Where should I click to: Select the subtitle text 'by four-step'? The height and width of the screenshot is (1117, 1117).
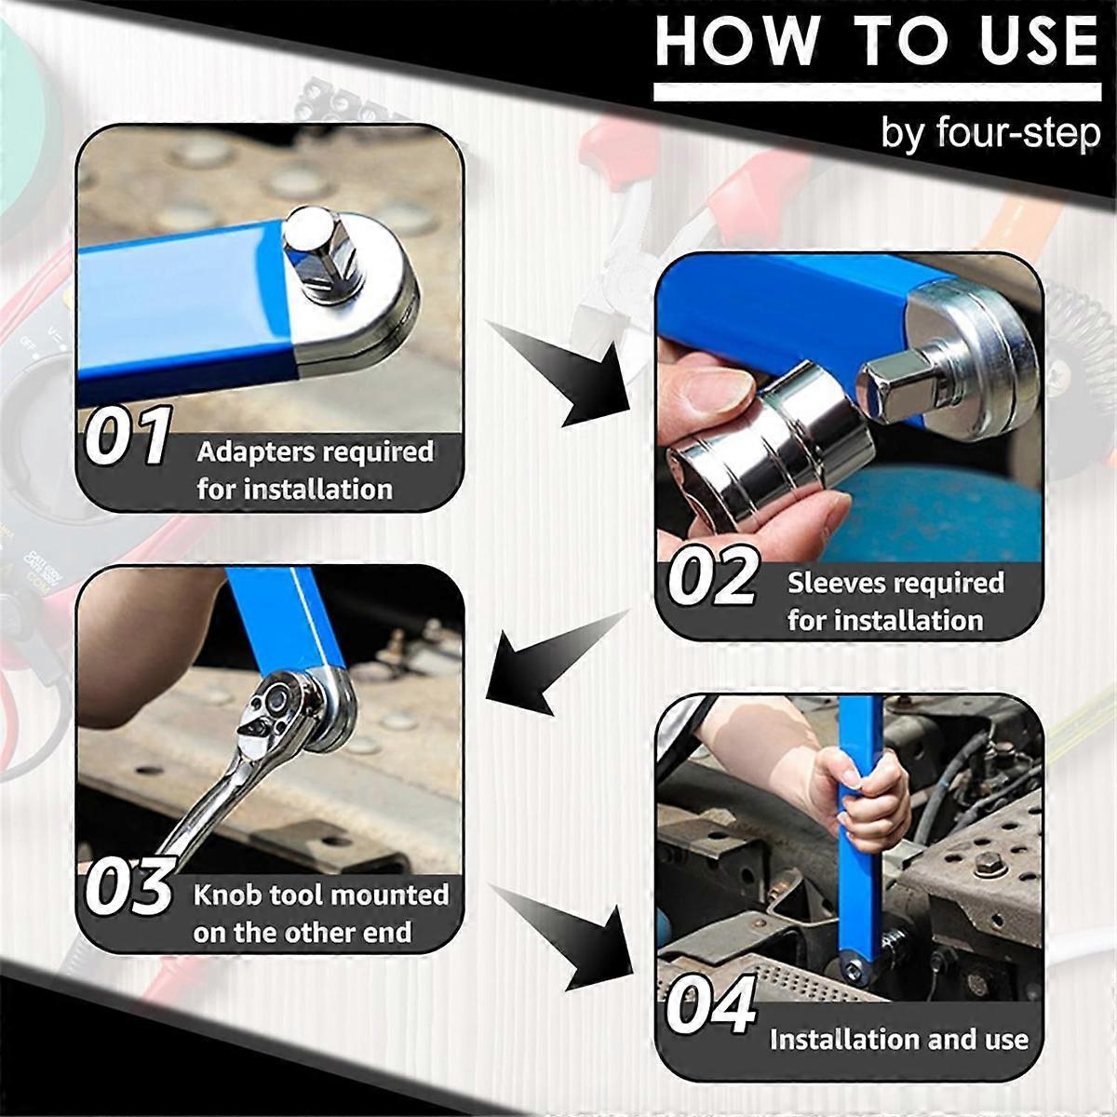990,134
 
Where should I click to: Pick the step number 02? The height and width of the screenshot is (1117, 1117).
713,576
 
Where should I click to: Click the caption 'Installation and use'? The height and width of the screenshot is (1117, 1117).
898,1040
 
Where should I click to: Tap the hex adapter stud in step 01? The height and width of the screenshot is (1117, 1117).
320,255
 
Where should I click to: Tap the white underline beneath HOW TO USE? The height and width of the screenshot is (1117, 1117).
878,92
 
